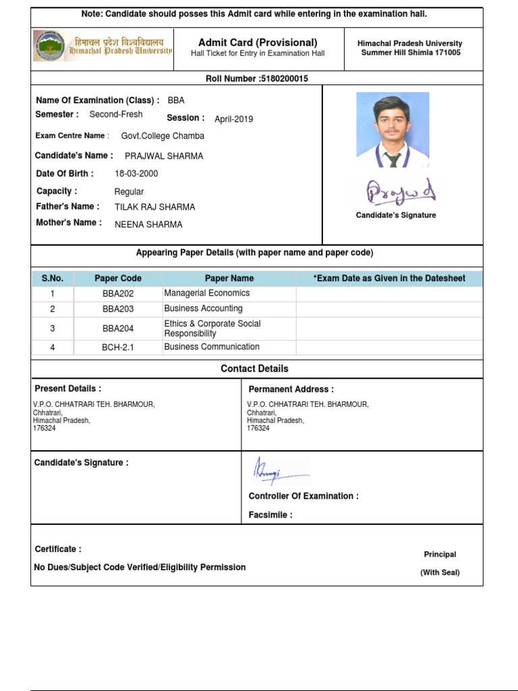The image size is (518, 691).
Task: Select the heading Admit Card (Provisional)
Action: pos(258,43)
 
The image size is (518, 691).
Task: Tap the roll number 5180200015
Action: pos(283,79)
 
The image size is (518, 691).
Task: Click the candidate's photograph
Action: pos(393,130)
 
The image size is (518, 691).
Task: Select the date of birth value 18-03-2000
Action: pos(136,173)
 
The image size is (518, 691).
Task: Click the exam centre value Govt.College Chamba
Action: pos(163,136)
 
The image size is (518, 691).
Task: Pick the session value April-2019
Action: pos(233,119)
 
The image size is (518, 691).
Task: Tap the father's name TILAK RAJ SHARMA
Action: pos(154,207)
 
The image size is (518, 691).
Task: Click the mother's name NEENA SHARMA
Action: pos(148,225)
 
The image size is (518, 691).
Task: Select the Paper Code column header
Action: pos(118,279)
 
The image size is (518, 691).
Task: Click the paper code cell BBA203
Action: pos(118,309)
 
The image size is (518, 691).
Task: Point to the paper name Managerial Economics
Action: pos(207,294)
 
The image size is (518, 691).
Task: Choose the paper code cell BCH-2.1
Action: pos(118,348)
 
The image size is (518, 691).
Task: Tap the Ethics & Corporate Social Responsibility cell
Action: pos(212,329)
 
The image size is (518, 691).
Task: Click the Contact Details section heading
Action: pos(254,368)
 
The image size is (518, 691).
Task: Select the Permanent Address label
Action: pos(291,389)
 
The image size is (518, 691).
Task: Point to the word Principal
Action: pos(440,555)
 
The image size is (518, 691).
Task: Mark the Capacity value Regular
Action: pos(129,192)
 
